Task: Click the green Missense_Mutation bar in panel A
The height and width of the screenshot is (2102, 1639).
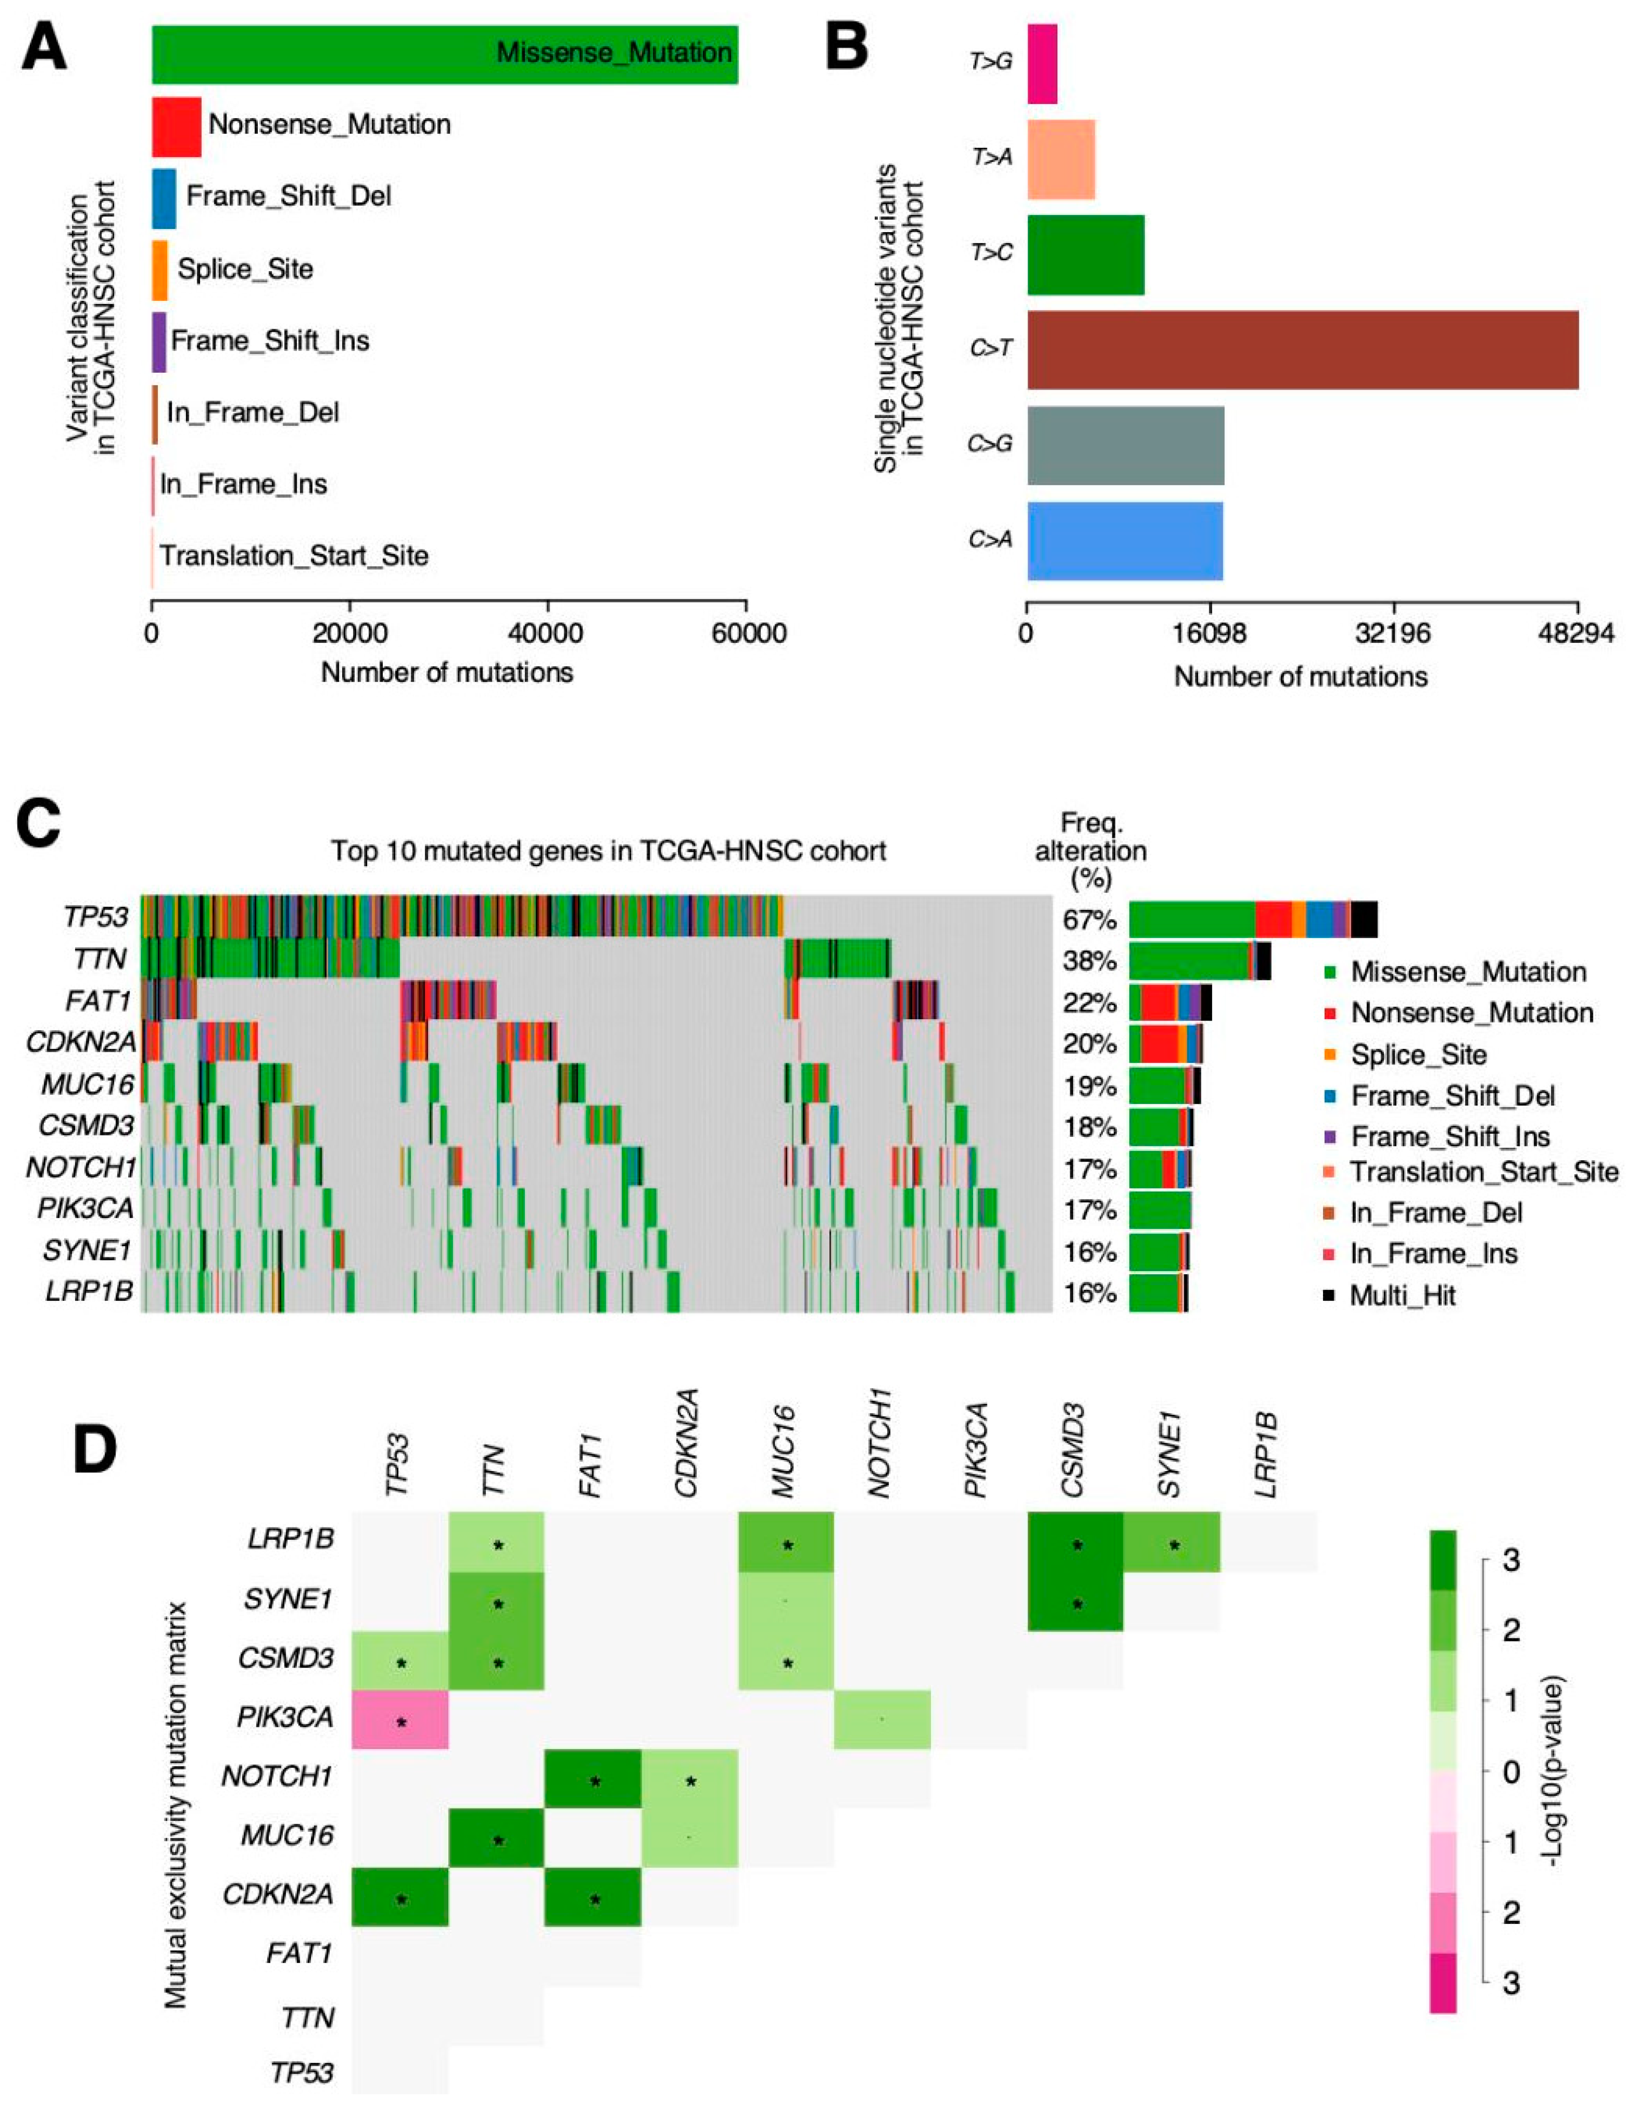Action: [385, 54]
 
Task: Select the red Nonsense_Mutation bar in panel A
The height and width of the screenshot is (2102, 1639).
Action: [176, 126]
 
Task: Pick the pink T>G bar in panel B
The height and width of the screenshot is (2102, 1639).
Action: [1042, 64]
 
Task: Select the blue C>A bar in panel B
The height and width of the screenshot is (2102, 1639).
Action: [1124, 541]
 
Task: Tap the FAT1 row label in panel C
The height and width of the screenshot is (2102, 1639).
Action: [98, 1002]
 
